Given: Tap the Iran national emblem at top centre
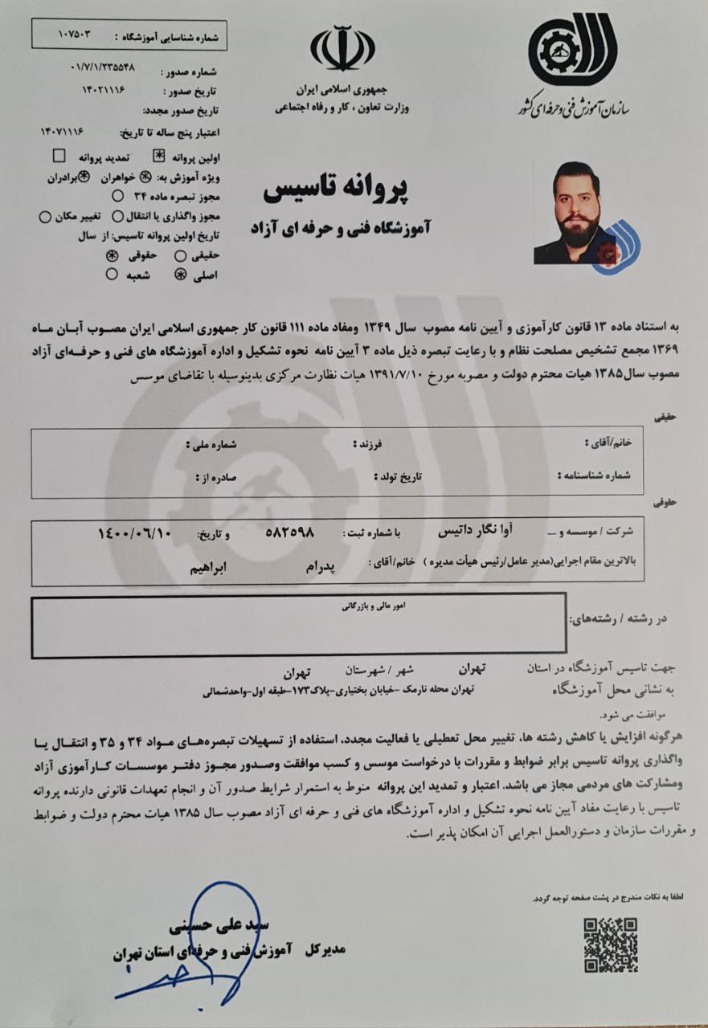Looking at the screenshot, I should point(342,49).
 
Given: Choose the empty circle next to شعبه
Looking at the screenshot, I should point(112,275).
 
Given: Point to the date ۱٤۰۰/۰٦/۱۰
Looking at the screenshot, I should point(134,533).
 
